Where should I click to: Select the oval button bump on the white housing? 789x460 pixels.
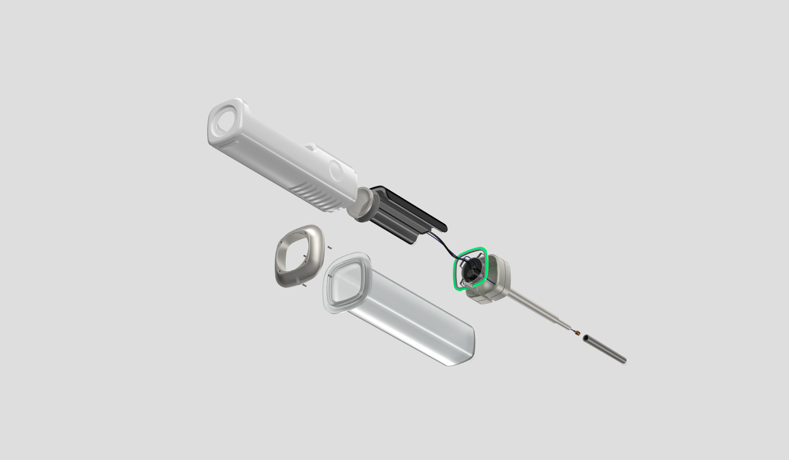(336, 171)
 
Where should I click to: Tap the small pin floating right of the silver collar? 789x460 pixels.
(330, 248)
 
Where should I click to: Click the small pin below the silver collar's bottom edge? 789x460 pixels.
(304, 285)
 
